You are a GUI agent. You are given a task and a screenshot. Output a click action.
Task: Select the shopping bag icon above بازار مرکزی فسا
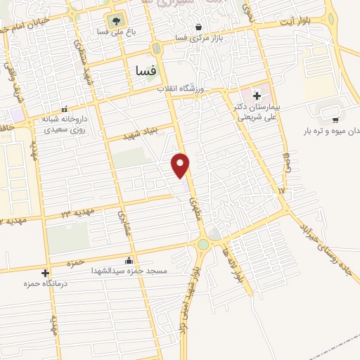[x=200, y=27]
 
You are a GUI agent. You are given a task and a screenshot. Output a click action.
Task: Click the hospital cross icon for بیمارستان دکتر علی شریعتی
[x=257, y=95]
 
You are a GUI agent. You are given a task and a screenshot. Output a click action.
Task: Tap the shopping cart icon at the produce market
[x=335, y=120]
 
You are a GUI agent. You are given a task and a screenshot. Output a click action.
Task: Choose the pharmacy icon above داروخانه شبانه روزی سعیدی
[x=64, y=110]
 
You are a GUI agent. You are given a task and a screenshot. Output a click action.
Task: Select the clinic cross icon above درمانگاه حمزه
[x=46, y=273]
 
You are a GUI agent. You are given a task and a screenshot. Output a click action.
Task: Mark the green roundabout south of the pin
[x=203, y=244]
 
